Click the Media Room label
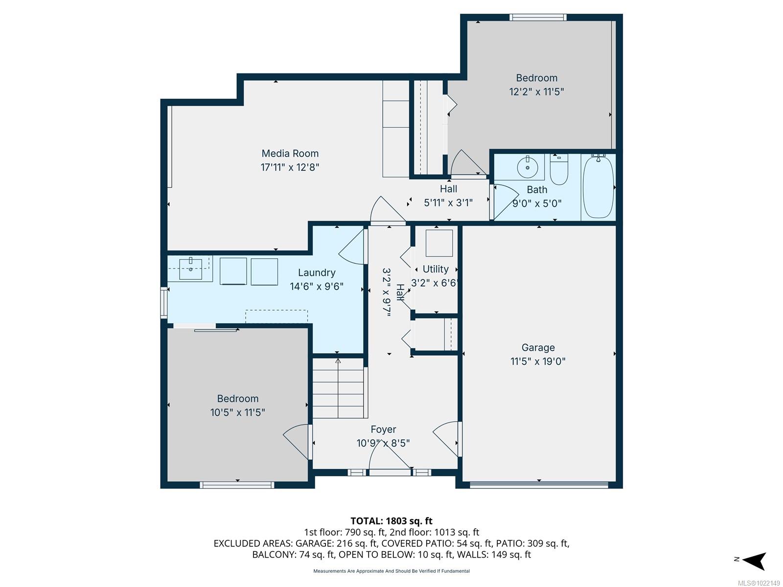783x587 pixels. click(290, 154)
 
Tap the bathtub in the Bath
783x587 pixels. click(598, 186)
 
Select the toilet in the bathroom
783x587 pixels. click(559, 169)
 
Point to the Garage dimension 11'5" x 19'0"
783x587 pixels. click(538, 361)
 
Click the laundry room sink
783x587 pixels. click(190, 269)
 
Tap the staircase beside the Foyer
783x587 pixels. click(338, 388)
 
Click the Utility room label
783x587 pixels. click(435, 270)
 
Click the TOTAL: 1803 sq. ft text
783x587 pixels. click(391, 521)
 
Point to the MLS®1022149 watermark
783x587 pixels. click(758, 583)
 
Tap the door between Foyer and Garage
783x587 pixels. click(447, 438)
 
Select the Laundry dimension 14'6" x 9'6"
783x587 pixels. click(317, 287)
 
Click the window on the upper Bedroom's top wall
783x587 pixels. click(538, 18)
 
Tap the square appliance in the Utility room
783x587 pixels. click(439, 243)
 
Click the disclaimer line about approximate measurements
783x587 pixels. click(391, 571)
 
